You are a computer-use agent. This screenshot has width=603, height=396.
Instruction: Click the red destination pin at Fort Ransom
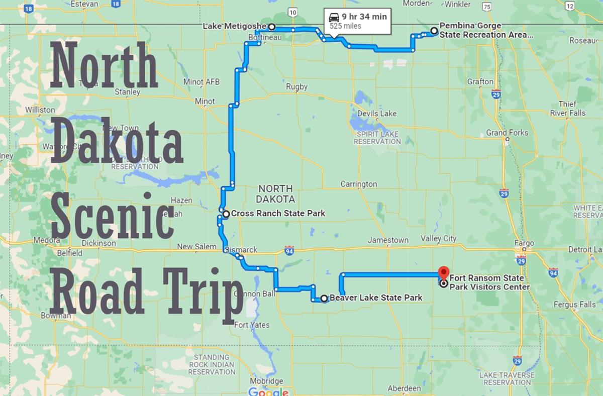tap(443, 272)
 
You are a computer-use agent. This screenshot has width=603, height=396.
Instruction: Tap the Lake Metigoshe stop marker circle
tap(271, 27)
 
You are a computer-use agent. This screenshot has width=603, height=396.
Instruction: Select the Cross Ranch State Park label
tap(277, 214)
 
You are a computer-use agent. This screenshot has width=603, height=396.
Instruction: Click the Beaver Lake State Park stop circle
tap(324, 299)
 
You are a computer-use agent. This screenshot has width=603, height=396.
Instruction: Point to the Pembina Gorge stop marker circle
tap(434, 31)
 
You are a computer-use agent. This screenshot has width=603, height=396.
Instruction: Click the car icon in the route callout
tap(334, 17)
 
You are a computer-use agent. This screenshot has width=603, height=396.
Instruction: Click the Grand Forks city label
tap(507, 133)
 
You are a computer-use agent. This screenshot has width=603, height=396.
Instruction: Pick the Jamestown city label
tap(388, 240)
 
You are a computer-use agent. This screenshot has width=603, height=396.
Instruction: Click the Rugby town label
tap(296, 87)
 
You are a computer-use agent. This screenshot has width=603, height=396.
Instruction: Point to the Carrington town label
tap(358, 184)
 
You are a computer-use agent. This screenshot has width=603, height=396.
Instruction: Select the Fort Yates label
tap(252, 325)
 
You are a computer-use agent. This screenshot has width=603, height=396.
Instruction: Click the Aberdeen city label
tap(404, 388)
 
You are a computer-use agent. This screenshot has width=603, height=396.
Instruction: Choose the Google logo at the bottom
tap(268, 391)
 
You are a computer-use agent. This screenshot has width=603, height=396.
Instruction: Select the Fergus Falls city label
tap(574, 304)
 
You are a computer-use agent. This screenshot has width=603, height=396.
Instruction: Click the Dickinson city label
tap(98, 243)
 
